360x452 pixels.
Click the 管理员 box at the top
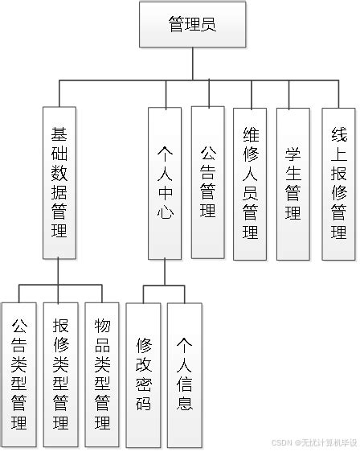pos(192,25)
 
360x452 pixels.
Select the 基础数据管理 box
pos(59,183)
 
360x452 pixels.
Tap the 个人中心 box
pos(166,183)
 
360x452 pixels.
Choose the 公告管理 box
pos(208,183)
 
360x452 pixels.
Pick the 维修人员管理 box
pos(250,183)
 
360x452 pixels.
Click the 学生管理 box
pos(292,183)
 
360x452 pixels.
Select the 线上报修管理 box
pos(338,183)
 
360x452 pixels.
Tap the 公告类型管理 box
pos(19,374)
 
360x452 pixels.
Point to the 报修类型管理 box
pos(60,374)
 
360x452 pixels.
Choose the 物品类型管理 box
pos(102,374)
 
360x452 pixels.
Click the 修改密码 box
pos(144,374)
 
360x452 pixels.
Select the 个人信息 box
pos(185,374)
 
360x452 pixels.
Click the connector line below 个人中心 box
pos(166,272)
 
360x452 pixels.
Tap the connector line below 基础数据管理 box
pos(59,272)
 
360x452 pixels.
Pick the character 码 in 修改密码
pos(144,403)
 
